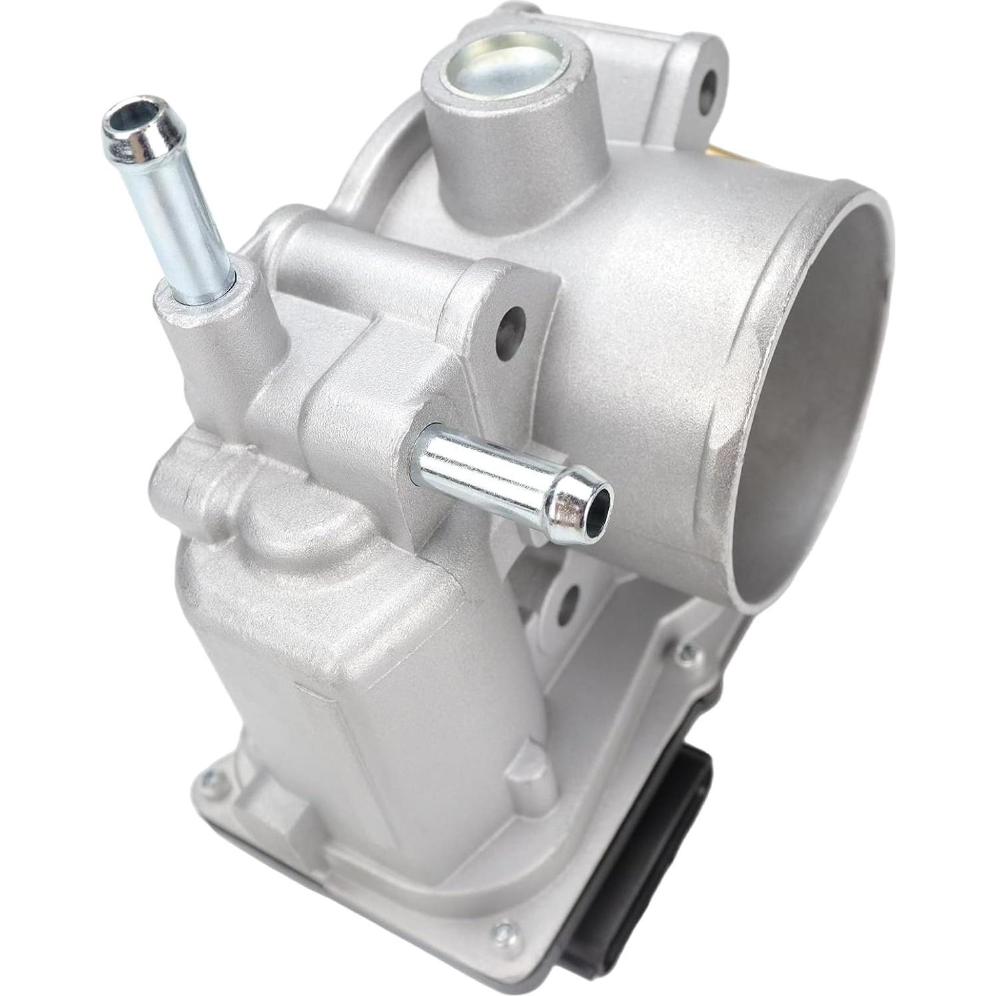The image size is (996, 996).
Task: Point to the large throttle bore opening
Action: coord(799,400)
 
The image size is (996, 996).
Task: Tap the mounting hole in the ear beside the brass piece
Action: coord(708,87)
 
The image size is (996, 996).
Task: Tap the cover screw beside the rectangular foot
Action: coord(212,775)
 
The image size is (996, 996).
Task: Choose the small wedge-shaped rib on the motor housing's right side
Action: coord(526,773)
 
